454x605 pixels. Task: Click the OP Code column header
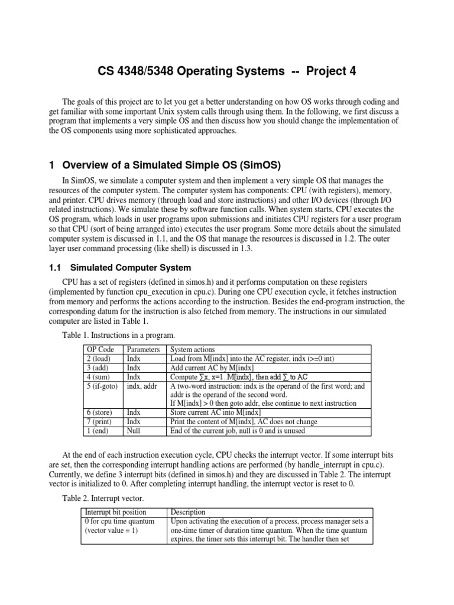(100, 349)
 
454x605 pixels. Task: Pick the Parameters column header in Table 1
(144, 349)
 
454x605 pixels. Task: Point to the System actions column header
(192, 349)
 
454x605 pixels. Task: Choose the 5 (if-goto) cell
(103, 386)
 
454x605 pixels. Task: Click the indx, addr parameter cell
(145, 386)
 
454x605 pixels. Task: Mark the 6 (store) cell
(100, 412)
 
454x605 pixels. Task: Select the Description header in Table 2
(188, 512)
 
